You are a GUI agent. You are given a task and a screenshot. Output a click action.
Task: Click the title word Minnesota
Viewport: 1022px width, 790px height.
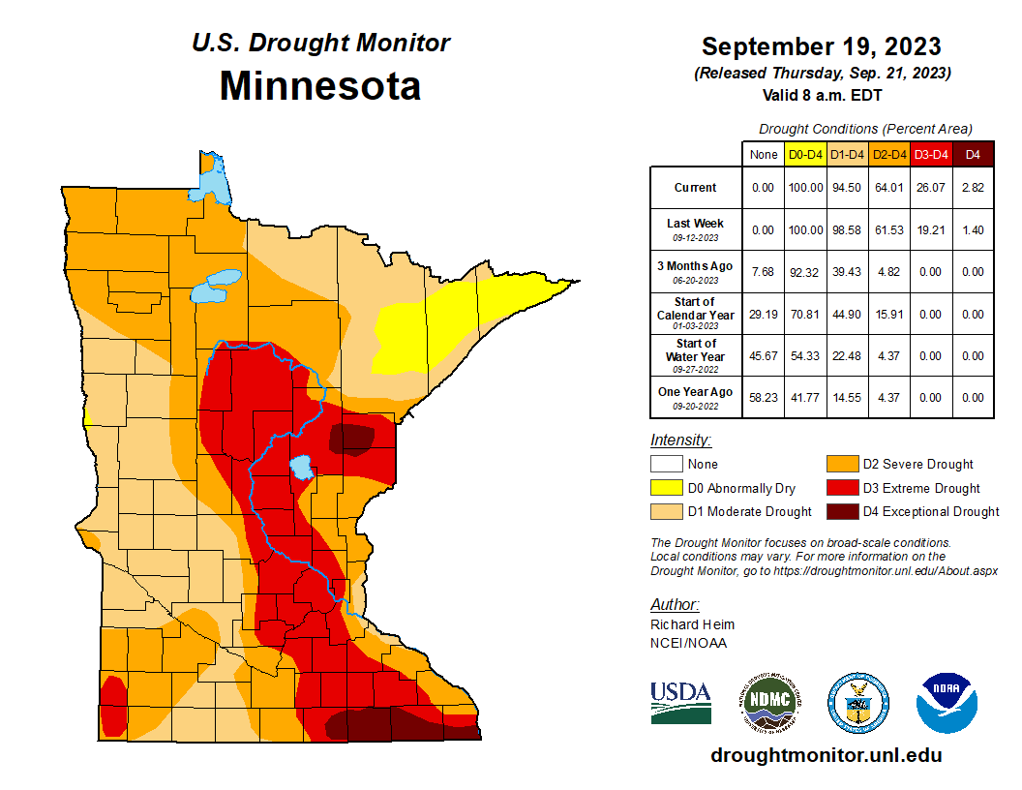[319, 86]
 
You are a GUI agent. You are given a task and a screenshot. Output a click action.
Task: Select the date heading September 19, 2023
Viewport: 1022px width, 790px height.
[821, 46]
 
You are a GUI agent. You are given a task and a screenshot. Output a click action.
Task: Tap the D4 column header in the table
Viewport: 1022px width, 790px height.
[973, 154]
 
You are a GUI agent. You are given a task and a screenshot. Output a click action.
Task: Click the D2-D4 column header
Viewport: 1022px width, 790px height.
[888, 154]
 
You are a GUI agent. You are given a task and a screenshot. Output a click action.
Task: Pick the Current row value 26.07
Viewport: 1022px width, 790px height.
[931, 188]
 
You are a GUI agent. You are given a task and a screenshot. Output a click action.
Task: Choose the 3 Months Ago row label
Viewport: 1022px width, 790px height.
[695, 271]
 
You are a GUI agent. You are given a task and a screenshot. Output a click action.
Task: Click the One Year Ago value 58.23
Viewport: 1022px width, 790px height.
[763, 397]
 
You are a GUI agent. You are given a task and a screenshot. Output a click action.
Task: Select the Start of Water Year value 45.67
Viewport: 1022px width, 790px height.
[763, 355]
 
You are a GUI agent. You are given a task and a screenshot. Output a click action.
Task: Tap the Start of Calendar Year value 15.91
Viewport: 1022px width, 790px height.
[888, 314]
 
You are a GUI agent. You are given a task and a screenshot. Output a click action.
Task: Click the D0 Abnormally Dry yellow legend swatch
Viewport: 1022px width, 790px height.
[666, 488]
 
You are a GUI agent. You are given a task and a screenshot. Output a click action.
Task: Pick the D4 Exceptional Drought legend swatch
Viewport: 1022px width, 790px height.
[842, 511]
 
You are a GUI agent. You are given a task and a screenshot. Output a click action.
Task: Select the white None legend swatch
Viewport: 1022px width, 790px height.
[666, 465]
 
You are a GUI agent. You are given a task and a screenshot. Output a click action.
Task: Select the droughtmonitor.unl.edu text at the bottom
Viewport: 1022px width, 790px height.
[826, 755]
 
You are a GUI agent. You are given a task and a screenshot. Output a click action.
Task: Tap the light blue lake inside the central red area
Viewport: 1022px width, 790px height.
[302, 469]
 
